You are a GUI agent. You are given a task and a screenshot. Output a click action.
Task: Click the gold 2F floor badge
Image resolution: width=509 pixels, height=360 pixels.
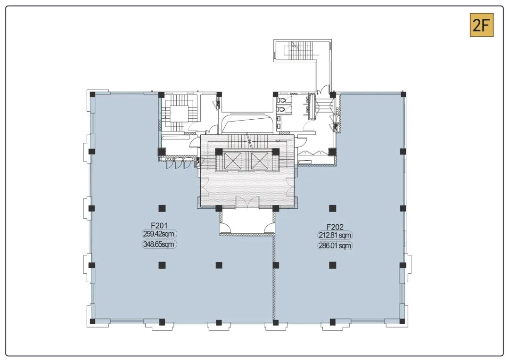click(x=482, y=25)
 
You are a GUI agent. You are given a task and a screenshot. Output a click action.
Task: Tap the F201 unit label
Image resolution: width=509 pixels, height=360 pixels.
click(x=159, y=225)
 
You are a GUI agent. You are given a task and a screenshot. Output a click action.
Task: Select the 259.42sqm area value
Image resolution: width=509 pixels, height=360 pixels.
click(x=159, y=234)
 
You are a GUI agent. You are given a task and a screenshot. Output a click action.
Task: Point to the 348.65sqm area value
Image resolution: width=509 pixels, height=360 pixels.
click(x=159, y=244)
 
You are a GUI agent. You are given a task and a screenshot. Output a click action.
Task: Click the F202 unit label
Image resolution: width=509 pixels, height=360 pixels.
click(x=335, y=227)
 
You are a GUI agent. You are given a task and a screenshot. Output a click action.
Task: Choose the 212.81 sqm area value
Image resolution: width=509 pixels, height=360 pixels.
click(x=335, y=235)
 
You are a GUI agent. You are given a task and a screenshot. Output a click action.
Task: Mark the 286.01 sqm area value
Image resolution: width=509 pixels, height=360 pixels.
click(x=335, y=246)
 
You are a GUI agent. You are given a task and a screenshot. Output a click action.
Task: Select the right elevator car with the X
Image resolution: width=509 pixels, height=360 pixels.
click(x=258, y=160)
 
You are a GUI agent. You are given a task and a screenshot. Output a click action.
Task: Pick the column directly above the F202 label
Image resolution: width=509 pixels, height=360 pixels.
click(x=332, y=208)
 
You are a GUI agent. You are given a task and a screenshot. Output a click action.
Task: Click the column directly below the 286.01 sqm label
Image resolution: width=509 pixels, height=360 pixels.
click(x=332, y=265)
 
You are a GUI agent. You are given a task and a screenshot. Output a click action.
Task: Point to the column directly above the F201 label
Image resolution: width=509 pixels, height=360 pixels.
click(x=162, y=208)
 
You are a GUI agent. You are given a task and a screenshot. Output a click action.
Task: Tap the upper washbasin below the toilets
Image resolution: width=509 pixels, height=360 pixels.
click(x=279, y=119)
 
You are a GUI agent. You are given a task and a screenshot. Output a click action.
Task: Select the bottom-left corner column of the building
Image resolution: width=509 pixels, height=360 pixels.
click(x=92, y=322)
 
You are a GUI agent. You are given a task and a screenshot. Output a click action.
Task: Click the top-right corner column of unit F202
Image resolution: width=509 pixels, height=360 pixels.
click(x=403, y=95)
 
